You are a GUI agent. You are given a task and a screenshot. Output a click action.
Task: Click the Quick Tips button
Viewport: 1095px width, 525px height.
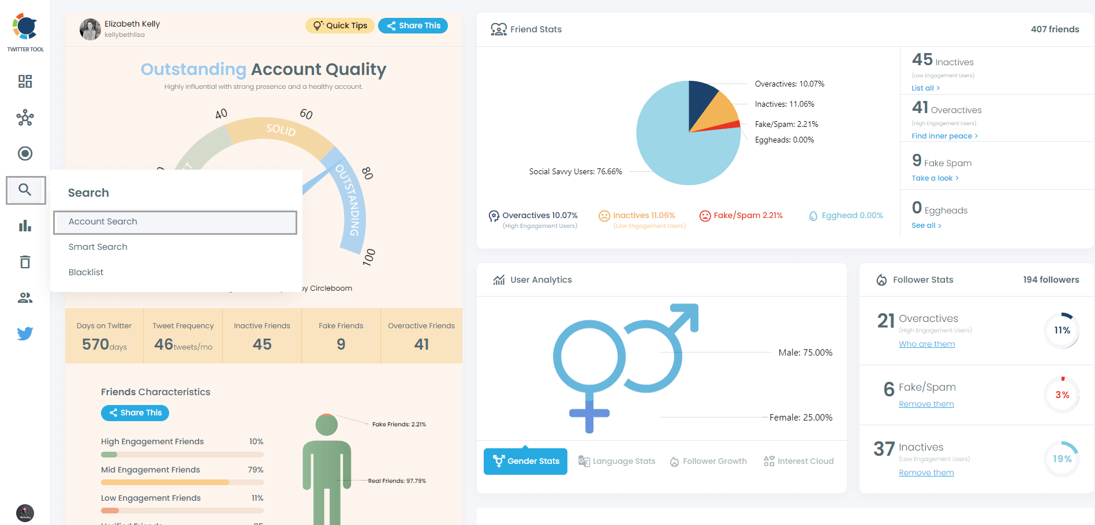[x=340, y=25]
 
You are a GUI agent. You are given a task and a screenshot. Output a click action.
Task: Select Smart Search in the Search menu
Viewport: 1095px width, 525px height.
[x=98, y=247]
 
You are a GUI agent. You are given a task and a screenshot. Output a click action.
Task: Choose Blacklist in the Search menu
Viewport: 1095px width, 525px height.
[x=86, y=272]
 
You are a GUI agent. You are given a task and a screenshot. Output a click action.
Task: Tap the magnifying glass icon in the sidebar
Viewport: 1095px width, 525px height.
[x=25, y=190]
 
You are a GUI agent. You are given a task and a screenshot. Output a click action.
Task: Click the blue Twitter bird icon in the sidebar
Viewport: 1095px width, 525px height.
[x=25, y=333]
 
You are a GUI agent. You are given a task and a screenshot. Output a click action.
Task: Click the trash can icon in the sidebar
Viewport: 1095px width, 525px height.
[x=25, y=262]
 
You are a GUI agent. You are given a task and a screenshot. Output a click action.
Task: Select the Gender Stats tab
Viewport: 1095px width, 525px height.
[x=525, y=462]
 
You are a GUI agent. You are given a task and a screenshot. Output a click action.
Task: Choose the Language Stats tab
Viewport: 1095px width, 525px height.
[x=617, y=462]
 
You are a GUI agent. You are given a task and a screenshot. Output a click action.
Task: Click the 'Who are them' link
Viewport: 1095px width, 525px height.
[x=926, y=344]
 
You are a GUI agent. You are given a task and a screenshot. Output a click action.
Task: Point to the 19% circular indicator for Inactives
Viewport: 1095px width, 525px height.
[x=1062, y=459]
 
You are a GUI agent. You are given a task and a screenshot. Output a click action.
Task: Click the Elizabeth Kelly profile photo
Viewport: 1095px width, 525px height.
[x=90, y=29]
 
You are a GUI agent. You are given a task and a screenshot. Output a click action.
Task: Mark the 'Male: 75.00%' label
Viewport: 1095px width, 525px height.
[x=805, y=352]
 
